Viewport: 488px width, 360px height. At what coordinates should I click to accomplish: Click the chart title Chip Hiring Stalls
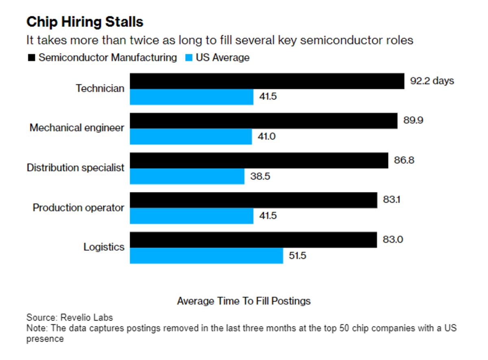85,22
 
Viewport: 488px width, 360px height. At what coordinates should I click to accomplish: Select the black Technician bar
267,81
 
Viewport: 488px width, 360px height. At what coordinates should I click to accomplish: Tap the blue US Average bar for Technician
192,97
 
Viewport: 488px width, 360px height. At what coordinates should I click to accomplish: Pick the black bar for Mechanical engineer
264,121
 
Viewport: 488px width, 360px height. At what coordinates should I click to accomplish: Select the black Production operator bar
253,200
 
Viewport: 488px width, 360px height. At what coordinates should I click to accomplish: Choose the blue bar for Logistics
206,256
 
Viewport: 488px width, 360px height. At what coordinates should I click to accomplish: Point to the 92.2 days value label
432,81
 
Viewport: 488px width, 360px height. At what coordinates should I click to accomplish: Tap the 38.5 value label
260,177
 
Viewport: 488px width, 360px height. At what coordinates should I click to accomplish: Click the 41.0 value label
267,137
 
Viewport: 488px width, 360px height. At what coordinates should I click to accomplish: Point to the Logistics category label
104,247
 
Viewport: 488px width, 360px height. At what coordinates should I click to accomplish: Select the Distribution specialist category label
75,168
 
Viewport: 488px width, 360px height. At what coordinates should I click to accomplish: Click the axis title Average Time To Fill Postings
244,301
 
